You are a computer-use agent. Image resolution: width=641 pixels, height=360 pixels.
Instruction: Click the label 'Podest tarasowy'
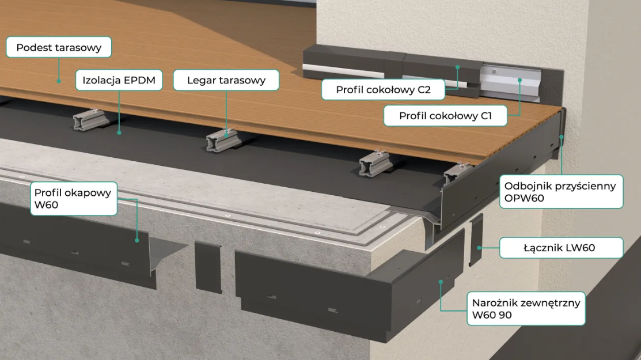pos(59,47)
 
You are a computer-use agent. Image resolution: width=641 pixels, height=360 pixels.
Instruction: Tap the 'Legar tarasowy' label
pos(226,80)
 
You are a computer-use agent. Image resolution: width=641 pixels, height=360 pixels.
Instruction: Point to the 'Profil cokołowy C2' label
pos(383,90)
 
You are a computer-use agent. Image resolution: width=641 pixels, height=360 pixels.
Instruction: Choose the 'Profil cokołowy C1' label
pos(445,116)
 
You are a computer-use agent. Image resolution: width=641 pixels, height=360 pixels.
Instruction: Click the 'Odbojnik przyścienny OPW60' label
pos(560,192)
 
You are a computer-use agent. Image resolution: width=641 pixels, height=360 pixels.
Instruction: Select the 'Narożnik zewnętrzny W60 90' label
pos(525,308)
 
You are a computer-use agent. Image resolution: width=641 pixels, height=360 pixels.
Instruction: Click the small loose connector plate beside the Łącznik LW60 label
pos(477,239)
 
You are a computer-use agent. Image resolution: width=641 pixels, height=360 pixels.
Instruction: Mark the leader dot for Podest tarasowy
pos(58,81)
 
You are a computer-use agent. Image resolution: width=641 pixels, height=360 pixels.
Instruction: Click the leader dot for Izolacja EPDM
pos(120,132)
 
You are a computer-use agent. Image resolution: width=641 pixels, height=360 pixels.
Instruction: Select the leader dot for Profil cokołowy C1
pos(520,81)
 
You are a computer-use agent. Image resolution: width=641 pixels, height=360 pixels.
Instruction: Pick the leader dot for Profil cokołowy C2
pos(458,67)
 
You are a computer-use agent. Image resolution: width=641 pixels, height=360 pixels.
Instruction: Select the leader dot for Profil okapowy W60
pos(137,240)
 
